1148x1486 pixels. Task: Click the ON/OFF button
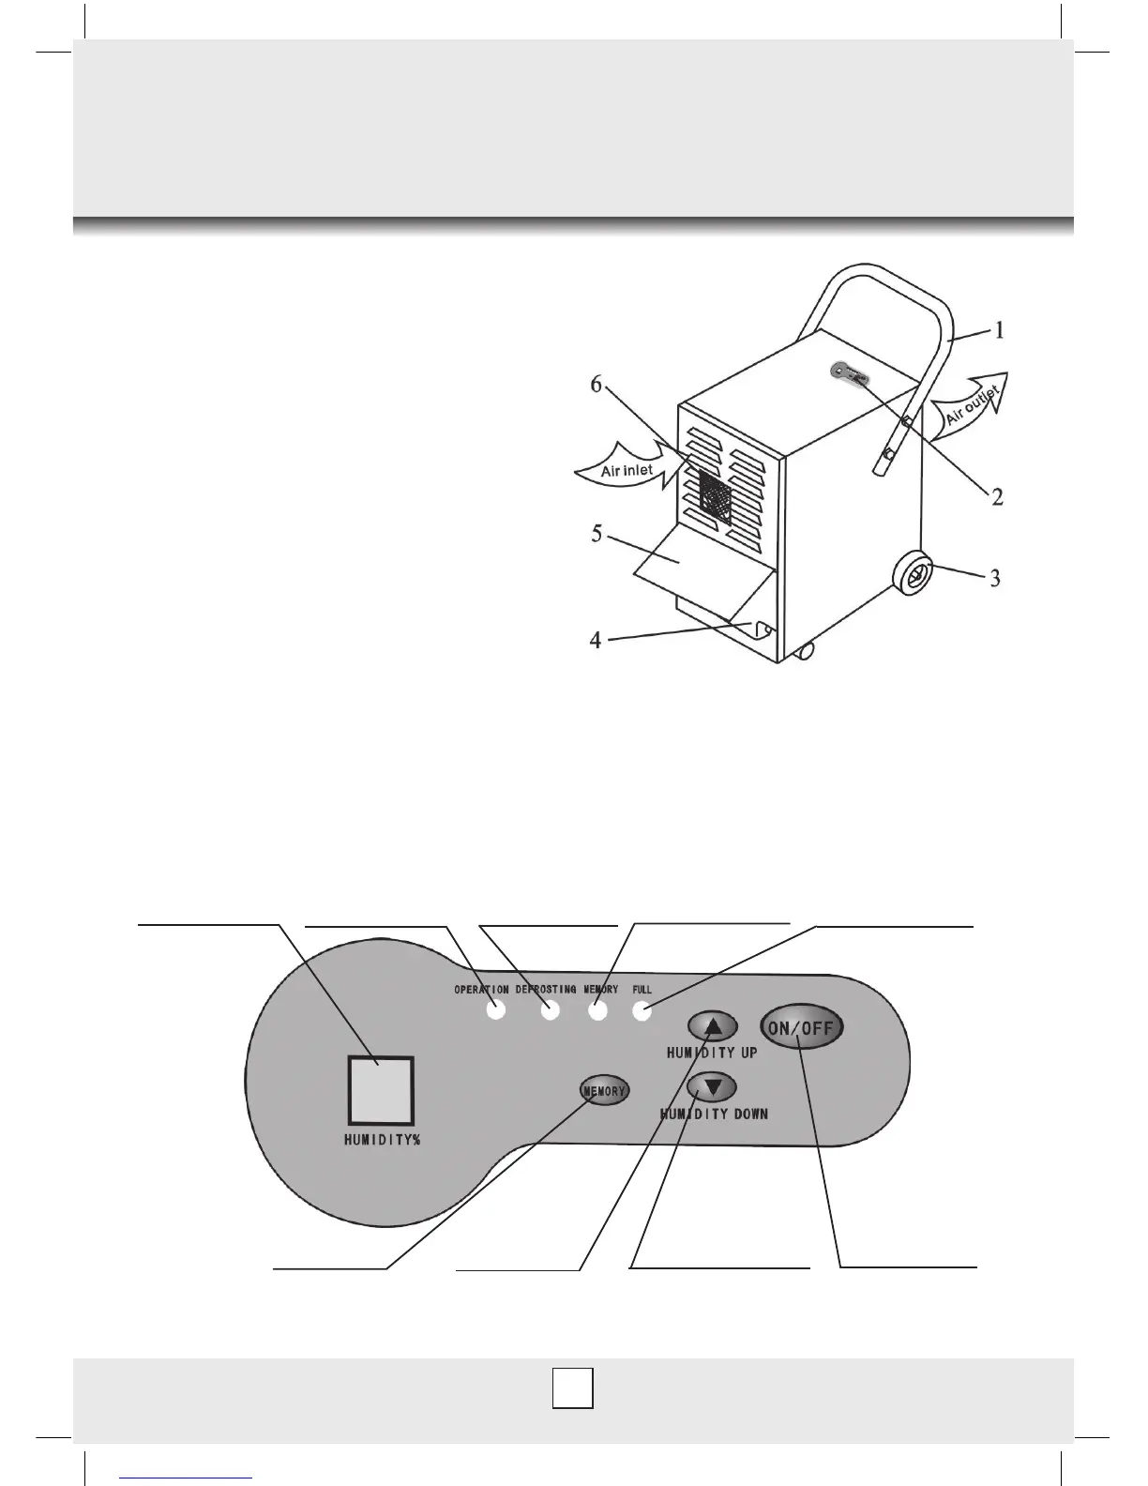801,1027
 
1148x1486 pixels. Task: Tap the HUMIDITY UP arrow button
713,1027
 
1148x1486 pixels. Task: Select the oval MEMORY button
603,1091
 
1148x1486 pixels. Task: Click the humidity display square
380,1089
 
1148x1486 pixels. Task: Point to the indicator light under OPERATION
496,1011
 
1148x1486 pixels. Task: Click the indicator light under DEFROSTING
550,1011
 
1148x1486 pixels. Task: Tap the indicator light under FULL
642,1011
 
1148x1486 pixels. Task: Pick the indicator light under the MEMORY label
597,1011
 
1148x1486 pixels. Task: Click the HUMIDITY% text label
380,1141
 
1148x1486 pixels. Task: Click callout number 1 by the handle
1000,330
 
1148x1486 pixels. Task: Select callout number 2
998,496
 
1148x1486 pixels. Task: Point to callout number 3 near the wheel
995,578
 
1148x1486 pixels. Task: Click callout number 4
596,642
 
